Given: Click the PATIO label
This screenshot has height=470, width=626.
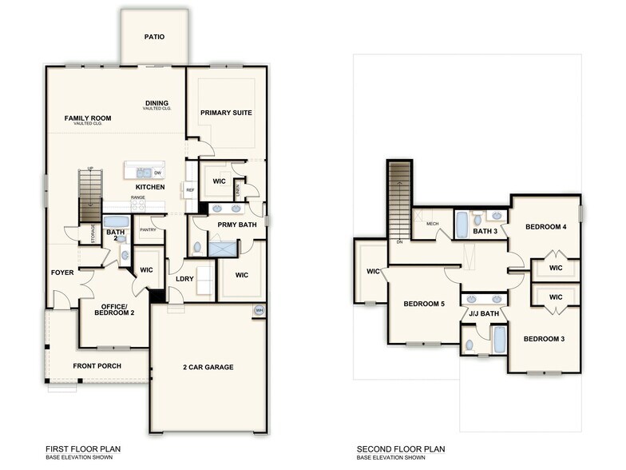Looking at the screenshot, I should [155, 37].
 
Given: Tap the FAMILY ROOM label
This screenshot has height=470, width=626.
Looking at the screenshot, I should [88, 118].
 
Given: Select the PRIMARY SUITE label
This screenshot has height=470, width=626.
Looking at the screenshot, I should [226, 113].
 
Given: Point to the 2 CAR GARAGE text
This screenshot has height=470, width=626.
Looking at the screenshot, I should [208, 367].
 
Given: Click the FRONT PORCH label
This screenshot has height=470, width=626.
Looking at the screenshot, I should [97, 367].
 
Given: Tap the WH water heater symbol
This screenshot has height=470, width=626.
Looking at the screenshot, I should [259, 310].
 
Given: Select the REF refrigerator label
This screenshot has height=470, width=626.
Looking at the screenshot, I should [190, 190].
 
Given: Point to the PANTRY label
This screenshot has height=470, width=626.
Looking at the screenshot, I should [148, 230].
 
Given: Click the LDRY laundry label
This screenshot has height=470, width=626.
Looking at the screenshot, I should [184, 278].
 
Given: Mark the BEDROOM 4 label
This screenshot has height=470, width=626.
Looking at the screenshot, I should [545, 227].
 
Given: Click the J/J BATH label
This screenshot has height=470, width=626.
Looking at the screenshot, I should [483, 313].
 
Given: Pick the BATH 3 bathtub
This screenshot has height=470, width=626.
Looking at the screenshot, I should [462, 225].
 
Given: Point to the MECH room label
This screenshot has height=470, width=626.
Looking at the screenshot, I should [433, 224].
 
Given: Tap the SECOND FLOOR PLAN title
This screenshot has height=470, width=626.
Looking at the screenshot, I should [401, 449].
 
